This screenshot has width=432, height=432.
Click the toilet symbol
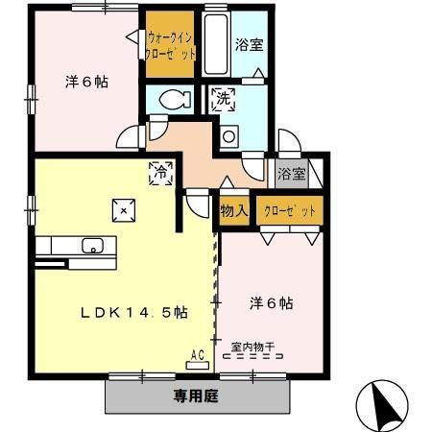point(173,99)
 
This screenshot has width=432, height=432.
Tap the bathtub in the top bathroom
point(215,43)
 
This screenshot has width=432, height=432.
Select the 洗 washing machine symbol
point(223,98)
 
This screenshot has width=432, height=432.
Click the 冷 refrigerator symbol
point(160,173)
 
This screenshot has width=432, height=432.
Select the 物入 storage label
point(234,210)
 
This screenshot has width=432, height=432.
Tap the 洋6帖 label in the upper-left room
point(86,83)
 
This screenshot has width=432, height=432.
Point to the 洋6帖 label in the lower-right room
point(272,303)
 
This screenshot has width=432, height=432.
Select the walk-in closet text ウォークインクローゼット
point(173,45)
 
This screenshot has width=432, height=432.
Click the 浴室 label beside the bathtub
point(250,44)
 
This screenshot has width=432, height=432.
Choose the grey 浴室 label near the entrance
point(291,175)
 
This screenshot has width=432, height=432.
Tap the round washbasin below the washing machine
point(228,137)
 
